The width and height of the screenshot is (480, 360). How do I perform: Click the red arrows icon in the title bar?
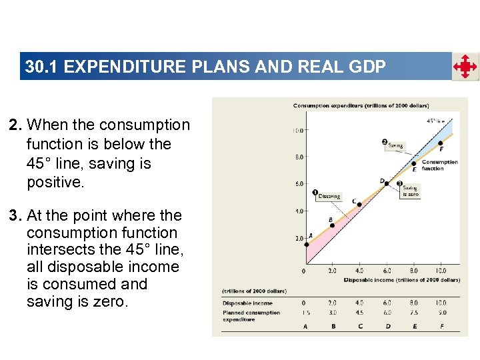click(x=465, y=67)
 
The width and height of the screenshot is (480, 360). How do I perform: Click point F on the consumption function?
click(x=441, y=143)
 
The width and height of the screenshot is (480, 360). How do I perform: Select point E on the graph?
click(x=414, y=163)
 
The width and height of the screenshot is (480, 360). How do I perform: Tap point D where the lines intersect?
click(x=387, y=183)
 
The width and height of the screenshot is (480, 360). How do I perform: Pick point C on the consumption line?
click(x=360, y=203)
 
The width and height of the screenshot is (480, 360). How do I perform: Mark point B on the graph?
click(x=333, y=225)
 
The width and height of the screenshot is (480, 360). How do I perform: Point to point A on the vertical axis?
click(x=306, y=244)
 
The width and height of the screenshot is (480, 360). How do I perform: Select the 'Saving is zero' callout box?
click(x=409, y=191)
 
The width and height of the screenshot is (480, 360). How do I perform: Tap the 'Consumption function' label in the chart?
click(x=439, y=165)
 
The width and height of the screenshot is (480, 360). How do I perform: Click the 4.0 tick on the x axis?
click(x=359, y=271)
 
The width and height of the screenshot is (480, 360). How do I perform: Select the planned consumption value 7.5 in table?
click(x=413, y=313)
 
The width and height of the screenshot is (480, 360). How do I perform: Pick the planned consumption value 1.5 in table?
click(x=305, y=313)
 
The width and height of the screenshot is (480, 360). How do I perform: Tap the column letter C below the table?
click(x=359, y=327)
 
